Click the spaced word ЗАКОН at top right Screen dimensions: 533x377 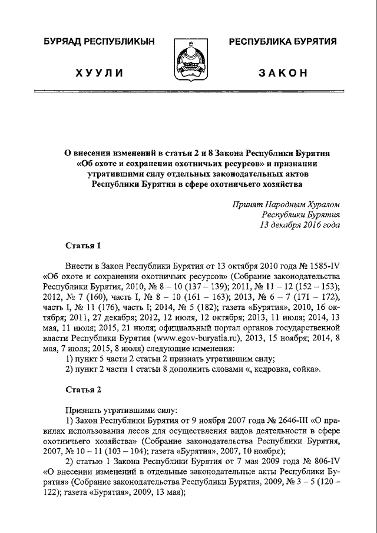(283, 72)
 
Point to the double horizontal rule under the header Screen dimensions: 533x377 (188, 93)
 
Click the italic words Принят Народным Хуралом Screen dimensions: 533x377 (286, 204)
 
